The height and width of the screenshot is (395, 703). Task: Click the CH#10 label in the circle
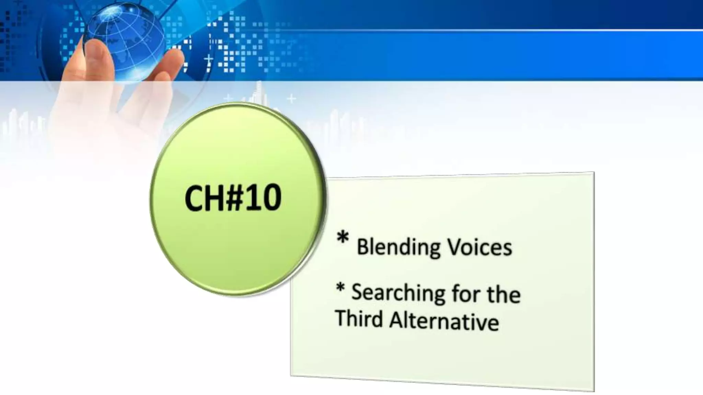233,198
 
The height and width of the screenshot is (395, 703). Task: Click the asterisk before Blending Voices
343,238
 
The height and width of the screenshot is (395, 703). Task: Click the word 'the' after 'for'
504,294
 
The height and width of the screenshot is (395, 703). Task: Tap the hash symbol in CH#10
234,198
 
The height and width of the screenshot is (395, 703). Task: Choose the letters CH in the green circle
204,198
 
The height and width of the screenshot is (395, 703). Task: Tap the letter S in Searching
358,292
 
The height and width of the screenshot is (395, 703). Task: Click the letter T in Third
342,318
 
